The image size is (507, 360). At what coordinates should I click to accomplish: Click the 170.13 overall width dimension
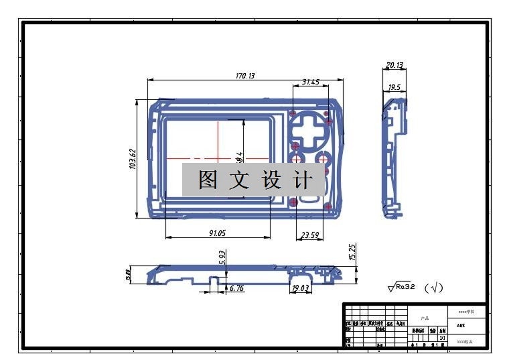pos(245,76)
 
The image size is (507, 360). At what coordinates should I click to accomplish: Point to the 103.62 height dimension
pos(133,160)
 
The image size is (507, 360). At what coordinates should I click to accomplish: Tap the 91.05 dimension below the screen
pos(217,233)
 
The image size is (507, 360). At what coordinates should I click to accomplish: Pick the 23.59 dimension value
pos(310,235)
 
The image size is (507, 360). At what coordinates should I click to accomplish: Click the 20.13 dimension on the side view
pos(394,65)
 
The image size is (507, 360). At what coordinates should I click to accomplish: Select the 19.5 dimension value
pos(394,87)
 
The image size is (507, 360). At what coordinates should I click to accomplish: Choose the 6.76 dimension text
pos(236,288)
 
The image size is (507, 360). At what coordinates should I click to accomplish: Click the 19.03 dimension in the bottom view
pos(301,288)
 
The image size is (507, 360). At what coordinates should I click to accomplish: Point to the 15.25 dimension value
pos(353,252)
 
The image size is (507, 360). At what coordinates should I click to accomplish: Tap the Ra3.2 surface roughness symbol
pos(402,287)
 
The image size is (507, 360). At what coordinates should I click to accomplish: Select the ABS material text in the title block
pos(461,325)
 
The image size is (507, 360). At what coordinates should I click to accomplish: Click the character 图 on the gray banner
pos(208,180)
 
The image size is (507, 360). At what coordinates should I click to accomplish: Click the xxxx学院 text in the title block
pos(466,312)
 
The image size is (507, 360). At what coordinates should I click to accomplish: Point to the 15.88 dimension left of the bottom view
pos(127,275)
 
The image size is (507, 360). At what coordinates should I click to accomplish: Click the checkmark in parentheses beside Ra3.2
pos(434,288)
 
